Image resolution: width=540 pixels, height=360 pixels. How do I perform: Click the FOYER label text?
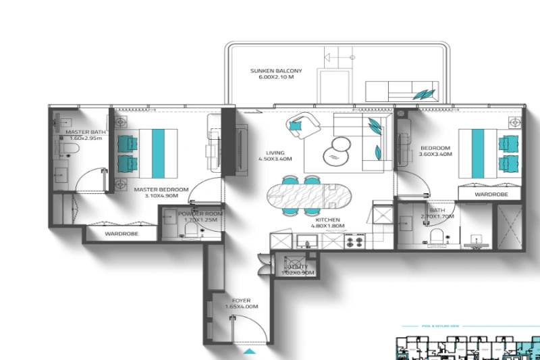tap(241, 301)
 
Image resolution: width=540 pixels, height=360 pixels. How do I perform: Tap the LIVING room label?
tap(275, 153)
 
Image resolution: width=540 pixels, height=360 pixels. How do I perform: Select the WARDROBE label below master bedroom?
tap(121, 234)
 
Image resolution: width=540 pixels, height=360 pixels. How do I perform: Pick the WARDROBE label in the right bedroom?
tap(491, 194)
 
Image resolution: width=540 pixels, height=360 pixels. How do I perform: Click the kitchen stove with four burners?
tap(356, 240)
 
